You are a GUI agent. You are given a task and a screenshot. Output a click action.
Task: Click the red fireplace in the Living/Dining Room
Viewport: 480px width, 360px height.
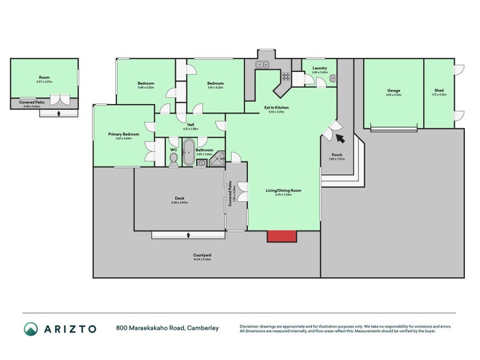[281, 236]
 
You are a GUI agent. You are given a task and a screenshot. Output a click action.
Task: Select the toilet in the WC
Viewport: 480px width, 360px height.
[174, 158]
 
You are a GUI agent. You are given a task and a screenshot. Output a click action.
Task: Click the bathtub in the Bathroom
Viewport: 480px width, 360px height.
[189, 154]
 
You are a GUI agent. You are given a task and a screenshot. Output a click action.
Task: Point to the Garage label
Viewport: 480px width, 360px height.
[393, 91]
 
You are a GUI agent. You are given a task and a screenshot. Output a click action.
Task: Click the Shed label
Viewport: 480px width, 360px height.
[439, 91]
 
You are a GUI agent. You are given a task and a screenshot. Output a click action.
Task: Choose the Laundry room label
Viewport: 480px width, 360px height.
[320, 68]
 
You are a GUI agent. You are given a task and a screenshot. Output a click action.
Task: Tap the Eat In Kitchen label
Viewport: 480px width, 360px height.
[277, 107]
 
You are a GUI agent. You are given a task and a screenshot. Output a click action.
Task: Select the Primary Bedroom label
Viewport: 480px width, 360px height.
[124, 134]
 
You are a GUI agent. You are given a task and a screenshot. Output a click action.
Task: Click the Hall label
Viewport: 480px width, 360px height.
[190, 125]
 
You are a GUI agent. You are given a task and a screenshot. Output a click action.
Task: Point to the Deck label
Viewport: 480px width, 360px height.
[179, 199]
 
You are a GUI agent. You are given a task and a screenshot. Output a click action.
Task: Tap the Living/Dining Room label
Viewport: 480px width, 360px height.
[283, 190]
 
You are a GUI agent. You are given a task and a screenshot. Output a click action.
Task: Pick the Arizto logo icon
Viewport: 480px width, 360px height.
[31, 328]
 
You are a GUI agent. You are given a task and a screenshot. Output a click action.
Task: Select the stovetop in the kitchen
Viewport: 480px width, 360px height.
[286, 76]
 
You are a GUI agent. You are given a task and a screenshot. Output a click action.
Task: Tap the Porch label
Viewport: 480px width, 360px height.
[337, 155]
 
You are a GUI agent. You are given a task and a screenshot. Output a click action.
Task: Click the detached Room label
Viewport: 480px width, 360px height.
[44, 77]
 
